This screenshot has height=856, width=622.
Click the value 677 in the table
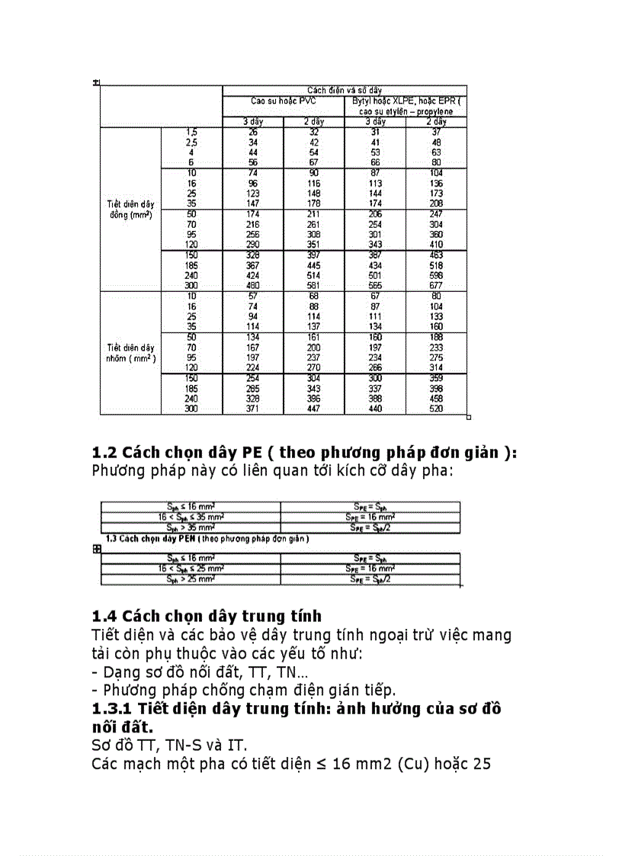point(436,286)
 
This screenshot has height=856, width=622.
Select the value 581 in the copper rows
point(314,286)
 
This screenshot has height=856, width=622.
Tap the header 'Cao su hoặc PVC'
point(284,101)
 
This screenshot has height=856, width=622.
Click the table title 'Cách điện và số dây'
point(345,90)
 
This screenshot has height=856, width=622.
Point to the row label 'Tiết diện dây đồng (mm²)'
point(131,210)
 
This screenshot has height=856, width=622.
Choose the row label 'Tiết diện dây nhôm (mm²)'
point(131,353)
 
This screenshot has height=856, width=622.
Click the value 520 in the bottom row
point(436,409)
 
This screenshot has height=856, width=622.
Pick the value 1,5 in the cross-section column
point(191,132)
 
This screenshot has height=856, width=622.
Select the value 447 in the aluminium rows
point(314,409)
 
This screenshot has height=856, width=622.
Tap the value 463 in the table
point(436,255)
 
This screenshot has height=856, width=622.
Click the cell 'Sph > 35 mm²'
point(191,527)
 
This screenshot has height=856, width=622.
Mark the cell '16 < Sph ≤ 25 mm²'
point(191,569)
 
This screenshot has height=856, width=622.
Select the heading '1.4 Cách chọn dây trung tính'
point(207,616)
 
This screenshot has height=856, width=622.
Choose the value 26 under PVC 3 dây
point(253,132)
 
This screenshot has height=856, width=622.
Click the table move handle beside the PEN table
point(97,548)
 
